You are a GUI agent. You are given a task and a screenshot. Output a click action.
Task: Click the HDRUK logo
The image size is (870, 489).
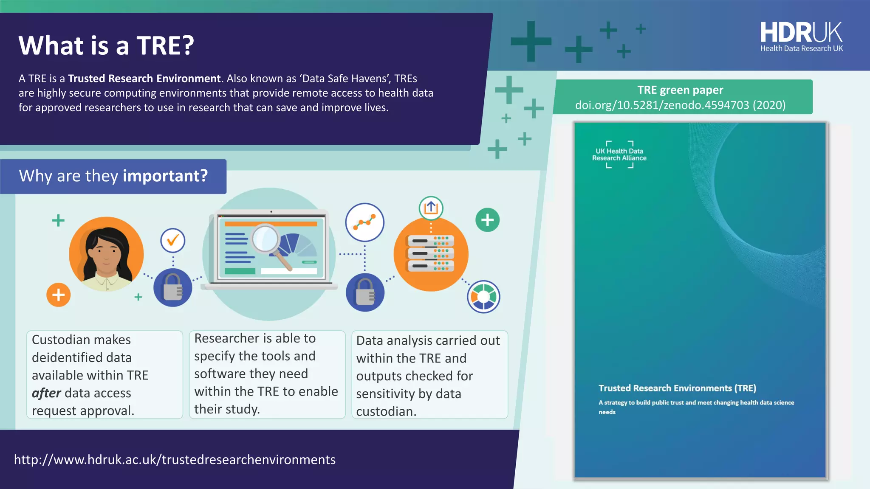coord(801,37)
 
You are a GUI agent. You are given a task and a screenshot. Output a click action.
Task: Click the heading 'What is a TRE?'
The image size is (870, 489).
coord(106,45)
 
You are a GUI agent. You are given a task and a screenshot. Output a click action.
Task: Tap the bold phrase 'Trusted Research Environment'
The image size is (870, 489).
coord(144,79)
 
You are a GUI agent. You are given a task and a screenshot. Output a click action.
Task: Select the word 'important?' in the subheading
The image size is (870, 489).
coord(165,176)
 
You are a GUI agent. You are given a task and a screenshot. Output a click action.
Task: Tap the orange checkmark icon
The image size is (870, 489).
coord(172,241)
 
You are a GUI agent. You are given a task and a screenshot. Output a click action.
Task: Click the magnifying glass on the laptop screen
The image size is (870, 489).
coord(266,240)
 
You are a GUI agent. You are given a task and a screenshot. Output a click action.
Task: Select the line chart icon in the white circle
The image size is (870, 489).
coord(364,222)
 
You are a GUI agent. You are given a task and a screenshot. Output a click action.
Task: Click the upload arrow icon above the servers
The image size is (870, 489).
coord(431,208)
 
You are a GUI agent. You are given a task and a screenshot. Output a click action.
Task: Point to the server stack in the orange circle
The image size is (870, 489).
coord(431,254)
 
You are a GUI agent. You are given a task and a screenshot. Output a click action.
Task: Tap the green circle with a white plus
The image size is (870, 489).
coord(487,220)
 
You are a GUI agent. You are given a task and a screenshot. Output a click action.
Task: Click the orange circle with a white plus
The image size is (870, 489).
coord(58,295)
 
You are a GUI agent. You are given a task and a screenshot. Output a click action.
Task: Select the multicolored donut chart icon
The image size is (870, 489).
coord(483,297)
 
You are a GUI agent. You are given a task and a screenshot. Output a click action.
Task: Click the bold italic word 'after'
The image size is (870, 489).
coord(46,393)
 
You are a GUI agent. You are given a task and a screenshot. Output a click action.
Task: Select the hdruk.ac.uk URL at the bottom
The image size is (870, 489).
coord(175,460)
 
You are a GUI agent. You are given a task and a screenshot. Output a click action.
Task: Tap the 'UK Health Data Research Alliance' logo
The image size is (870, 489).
coord(619,155)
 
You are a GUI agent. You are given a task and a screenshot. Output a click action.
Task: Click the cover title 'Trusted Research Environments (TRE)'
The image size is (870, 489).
coord(677,388)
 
